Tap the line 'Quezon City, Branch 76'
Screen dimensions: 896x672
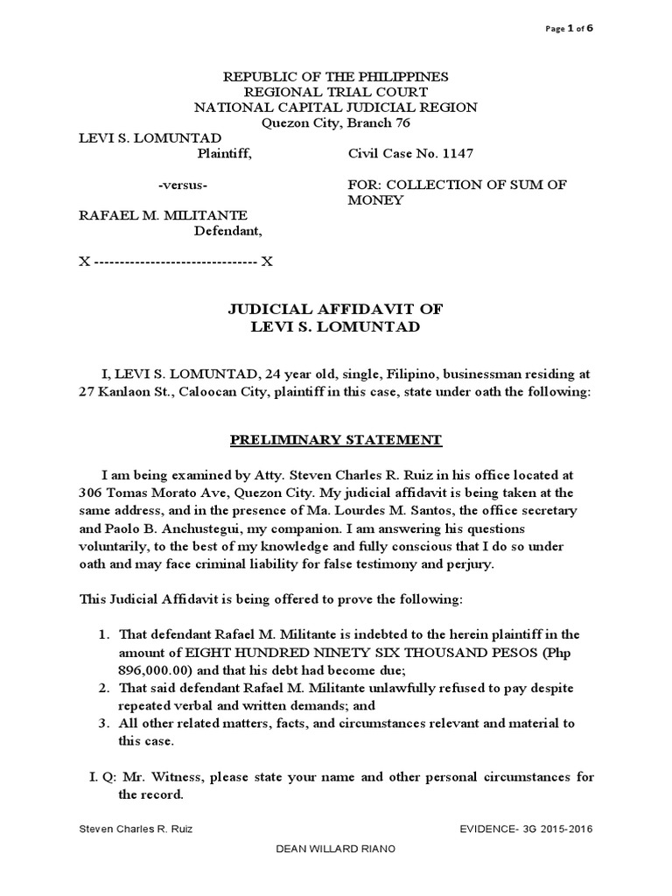[x=336, y=122]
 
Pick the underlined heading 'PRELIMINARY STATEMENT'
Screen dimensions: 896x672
[x=336, y=439]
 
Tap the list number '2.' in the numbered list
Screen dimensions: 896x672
[x=102, y=689]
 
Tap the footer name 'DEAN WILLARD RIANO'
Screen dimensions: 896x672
[x=336, y=874]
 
